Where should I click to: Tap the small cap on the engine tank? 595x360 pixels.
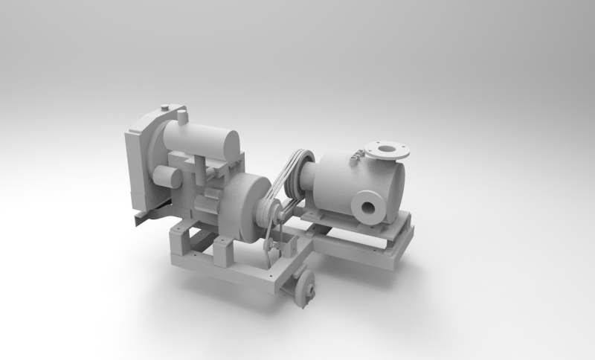point(181,116)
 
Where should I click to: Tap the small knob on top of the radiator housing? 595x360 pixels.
point(164,106)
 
